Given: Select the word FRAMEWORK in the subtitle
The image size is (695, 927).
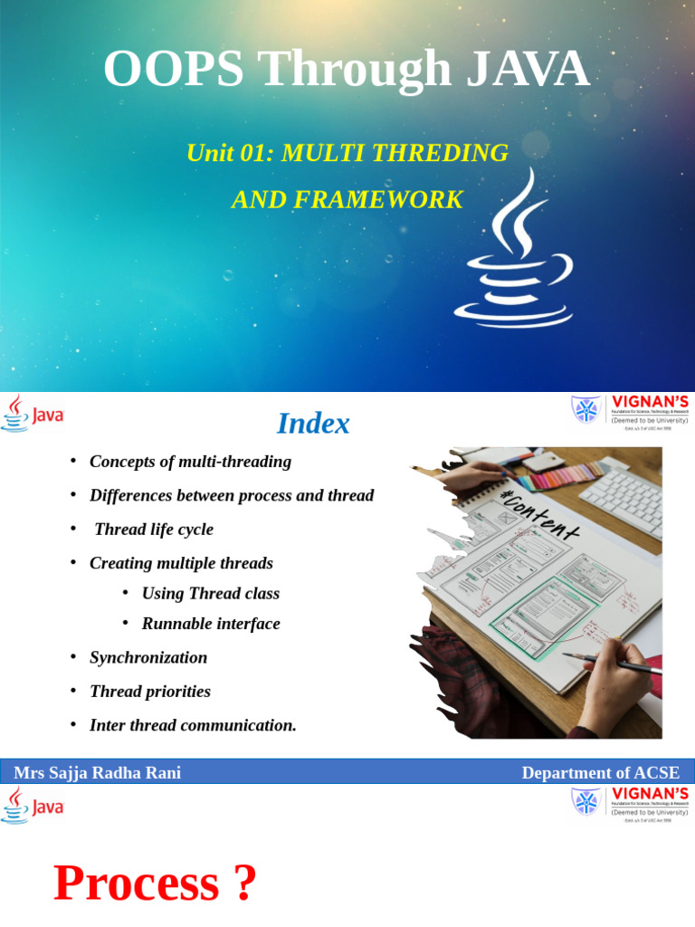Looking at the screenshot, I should point(379,200).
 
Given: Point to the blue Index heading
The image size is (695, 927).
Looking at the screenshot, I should point(313,424).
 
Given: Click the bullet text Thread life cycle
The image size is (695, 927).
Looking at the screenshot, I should point(154,530).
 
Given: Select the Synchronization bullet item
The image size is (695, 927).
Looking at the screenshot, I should point(148,658).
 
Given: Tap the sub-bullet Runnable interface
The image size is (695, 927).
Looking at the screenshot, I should point(211,624).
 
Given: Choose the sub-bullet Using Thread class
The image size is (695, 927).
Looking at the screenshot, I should point(211,594).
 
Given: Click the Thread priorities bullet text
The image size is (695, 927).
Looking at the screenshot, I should point(150,692).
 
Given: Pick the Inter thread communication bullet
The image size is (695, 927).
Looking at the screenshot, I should point(193,726).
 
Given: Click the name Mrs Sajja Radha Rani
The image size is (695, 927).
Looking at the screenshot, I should point(97,773).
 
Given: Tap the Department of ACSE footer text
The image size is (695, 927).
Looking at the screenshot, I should point(600,773).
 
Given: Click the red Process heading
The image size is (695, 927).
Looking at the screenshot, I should point(136,884).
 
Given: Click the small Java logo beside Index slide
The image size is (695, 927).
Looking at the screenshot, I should point(33,415).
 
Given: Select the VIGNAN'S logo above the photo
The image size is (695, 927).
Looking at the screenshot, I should point(630,413).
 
